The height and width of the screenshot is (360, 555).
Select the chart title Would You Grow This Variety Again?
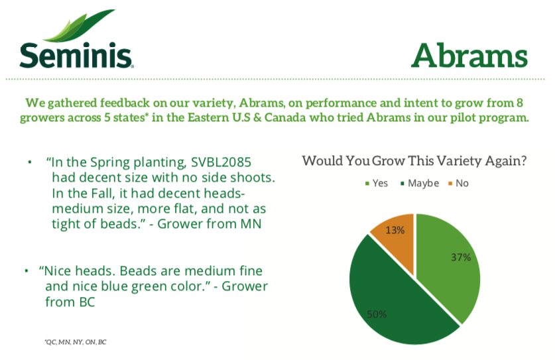click(x=414, y=161)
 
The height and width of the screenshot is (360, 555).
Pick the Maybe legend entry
click(x=418, y=183)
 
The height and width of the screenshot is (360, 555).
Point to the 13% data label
click(x=396, y=230)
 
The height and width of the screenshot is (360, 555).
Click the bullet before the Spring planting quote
click(x=29, y=162)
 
